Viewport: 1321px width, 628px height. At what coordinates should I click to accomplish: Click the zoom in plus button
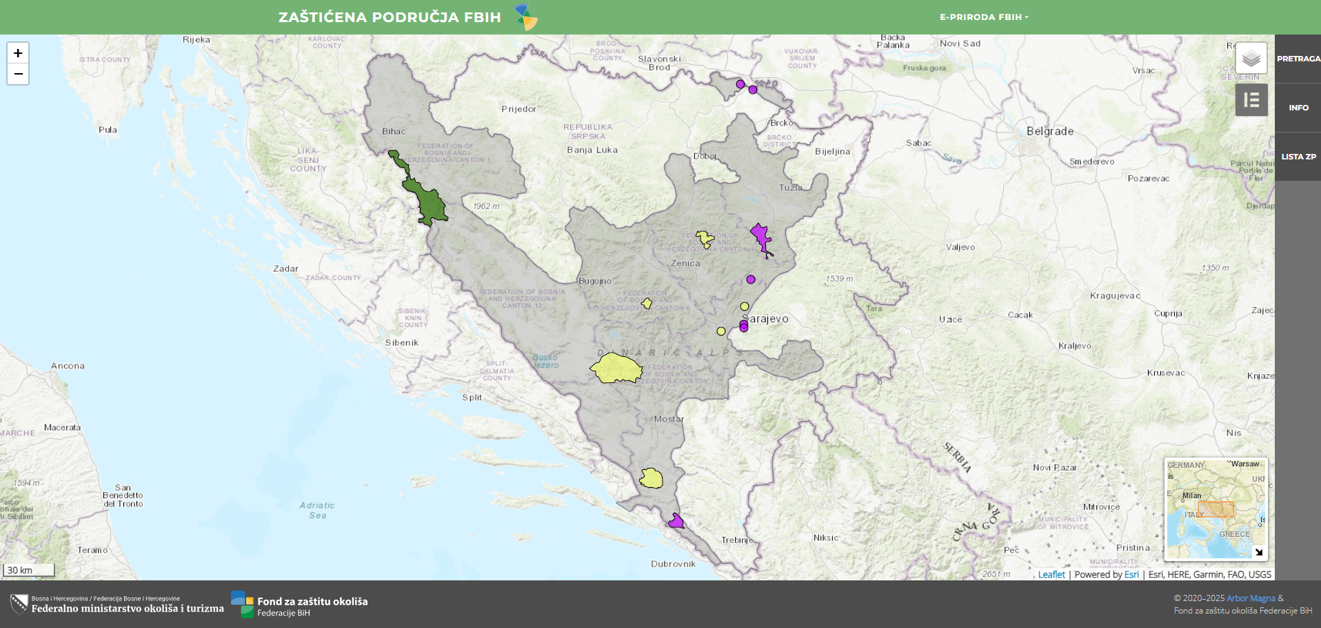point(18,53)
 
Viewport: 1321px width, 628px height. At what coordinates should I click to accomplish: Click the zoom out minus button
point(18,74)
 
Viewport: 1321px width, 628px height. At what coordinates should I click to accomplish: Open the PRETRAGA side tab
point(1298,59)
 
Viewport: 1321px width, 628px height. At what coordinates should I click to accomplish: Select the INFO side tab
point(1298,108)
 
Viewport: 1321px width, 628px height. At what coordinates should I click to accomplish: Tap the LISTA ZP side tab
point(1298,157)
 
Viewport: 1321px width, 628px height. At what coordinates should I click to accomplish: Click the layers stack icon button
point(1251,59)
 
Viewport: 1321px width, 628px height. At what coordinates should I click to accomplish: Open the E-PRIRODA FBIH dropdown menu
point(983,17)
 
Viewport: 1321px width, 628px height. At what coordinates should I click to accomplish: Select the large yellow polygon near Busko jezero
point(616,369)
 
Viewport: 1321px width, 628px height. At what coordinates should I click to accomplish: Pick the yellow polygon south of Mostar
point(651,478)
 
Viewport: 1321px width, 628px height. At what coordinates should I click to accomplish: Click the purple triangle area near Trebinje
point(676,522)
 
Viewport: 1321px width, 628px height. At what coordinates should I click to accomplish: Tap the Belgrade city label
point(1049,131)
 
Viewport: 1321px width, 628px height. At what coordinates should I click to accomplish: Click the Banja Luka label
point(592,150)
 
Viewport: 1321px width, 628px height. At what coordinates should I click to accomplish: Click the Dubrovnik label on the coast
point(673,564)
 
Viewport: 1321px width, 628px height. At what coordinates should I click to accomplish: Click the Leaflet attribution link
point(1051,574)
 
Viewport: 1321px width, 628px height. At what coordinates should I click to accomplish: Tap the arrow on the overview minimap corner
point(1258,552)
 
